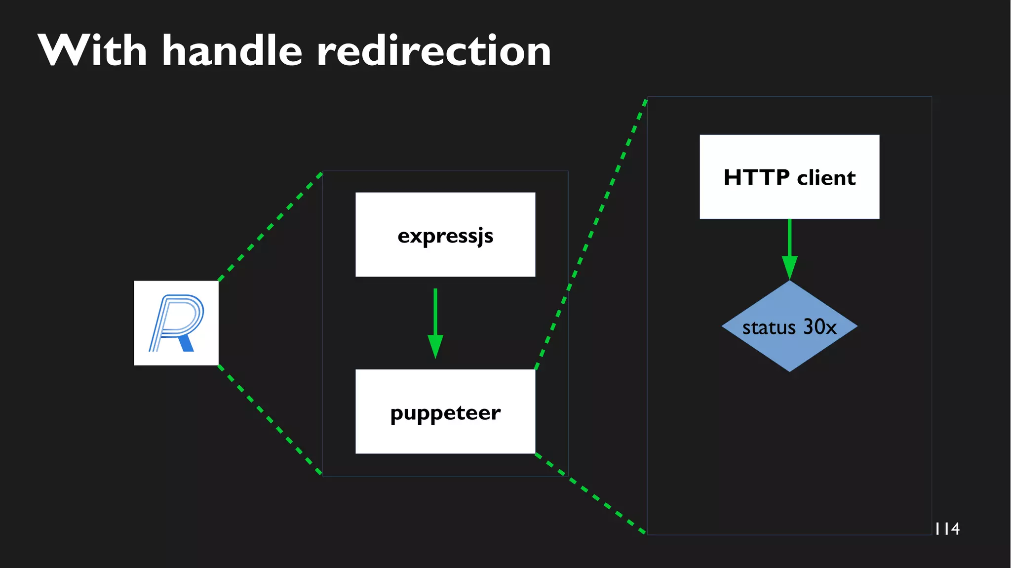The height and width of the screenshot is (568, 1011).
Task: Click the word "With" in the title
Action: click(92, 51)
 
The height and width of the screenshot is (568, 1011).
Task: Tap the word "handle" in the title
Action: click(232, 51)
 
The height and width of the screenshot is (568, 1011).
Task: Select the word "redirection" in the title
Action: click(433, 51)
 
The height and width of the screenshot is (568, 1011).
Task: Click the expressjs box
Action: click(445, 235)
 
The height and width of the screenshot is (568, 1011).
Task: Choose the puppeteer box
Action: click(445, 411)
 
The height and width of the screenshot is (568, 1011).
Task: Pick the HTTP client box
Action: click(789, 176)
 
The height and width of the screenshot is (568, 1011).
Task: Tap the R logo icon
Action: click(176, 323)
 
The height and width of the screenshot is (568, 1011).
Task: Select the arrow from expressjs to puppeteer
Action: click(435, 316)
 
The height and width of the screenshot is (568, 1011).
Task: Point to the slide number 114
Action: click(947, 529)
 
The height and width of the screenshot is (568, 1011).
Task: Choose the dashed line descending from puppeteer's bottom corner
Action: click(591, 494)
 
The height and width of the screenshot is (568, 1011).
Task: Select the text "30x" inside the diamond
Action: click(820, 327)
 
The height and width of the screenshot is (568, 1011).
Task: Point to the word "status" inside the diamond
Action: click(769, 327)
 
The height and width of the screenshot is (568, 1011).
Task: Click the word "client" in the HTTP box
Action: click(826, 178)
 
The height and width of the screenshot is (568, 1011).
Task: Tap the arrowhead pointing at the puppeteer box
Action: click(435, 346)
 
